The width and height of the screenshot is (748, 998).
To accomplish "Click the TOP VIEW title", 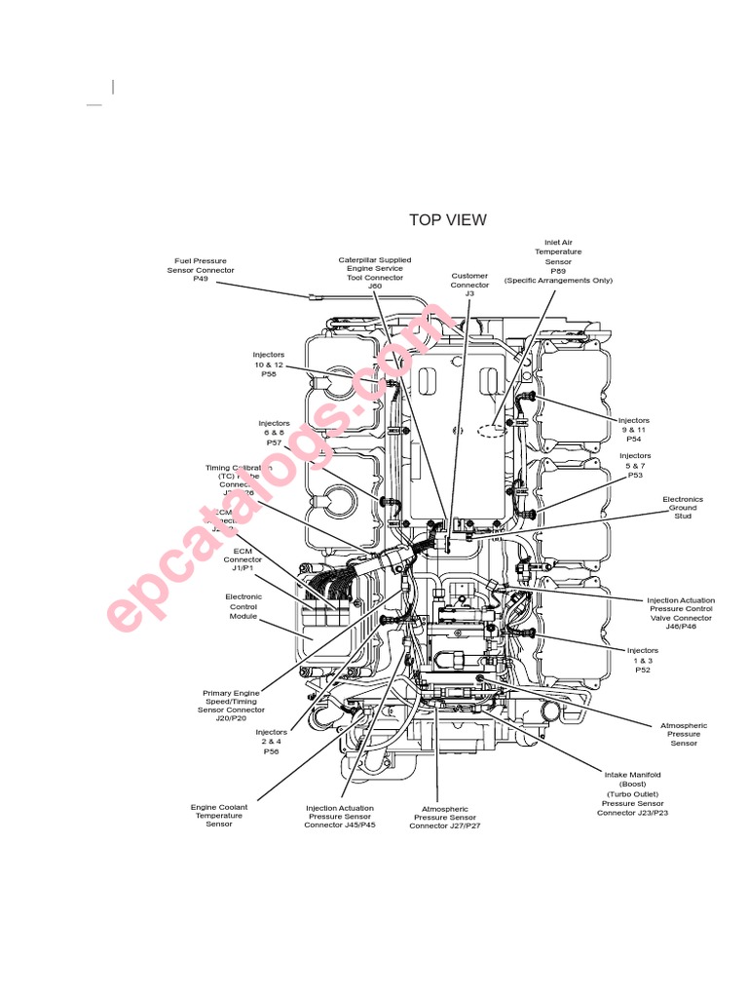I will [447, 220].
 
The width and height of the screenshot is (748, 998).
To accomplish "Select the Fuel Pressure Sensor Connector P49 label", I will [201, 269].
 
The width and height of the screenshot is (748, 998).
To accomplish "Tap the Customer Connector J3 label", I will [469, 284].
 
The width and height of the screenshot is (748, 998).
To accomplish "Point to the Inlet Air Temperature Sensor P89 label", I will [558, 261].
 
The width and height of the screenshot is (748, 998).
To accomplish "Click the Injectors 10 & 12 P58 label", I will [269, 365].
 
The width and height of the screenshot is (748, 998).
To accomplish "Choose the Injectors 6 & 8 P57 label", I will [274, 433].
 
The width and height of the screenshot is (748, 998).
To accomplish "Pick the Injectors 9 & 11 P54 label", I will [634, 430].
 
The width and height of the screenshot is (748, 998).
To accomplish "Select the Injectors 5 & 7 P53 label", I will [635, 466].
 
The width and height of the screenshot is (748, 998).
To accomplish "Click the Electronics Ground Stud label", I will [683, 508].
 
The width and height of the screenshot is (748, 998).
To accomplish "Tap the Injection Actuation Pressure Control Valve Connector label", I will [681, 614].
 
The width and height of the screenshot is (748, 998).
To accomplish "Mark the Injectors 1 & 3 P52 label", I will [643, 660].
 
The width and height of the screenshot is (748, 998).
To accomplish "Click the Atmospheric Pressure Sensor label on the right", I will [684, 734].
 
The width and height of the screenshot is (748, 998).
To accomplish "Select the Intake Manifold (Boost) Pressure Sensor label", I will [632, 794].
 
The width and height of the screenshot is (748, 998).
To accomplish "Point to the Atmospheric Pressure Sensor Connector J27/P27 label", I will [445, 817].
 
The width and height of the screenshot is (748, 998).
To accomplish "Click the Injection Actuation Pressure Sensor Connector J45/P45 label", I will [340, 816].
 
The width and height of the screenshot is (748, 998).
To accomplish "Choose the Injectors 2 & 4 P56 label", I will [271, 742].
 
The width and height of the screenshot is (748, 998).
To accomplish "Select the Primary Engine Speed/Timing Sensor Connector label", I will [232, 702].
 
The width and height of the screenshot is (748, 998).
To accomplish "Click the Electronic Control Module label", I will [243, 606].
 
